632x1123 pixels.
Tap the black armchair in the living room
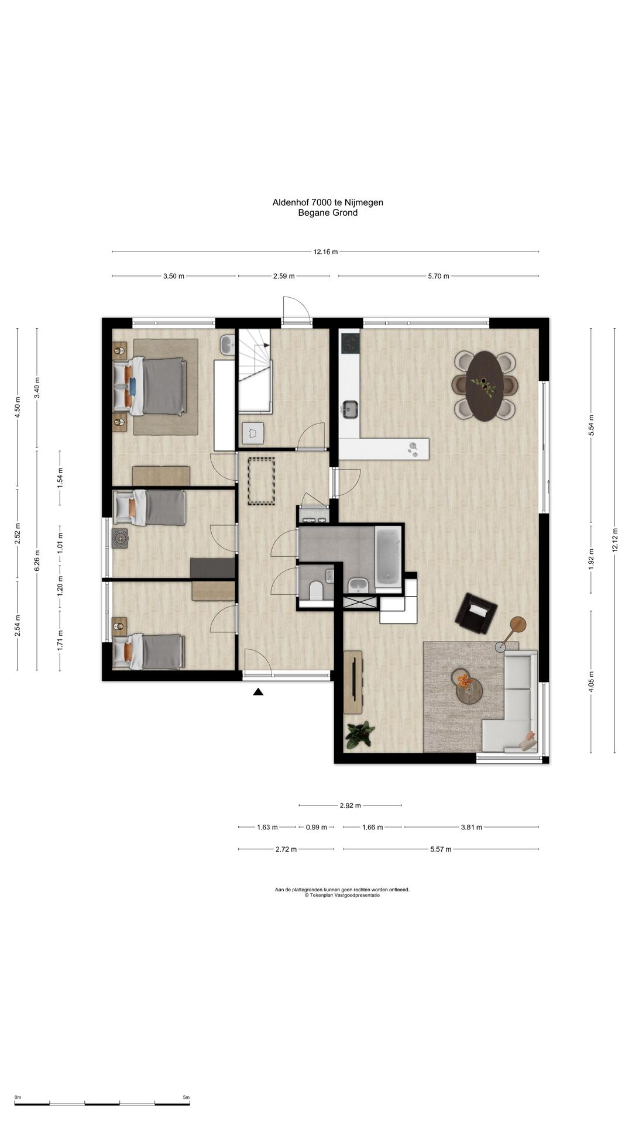476,613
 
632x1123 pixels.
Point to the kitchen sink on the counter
350,409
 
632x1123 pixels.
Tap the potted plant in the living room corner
360,735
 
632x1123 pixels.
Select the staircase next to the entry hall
255,371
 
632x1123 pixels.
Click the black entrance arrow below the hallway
258,692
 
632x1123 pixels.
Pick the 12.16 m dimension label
326,252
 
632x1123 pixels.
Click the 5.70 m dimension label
438,276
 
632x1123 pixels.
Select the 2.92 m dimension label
350,805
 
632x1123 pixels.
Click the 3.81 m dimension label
471,827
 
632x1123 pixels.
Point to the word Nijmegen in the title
365,202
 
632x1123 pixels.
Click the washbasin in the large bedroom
227,345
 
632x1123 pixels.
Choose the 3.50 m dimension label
174,276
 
